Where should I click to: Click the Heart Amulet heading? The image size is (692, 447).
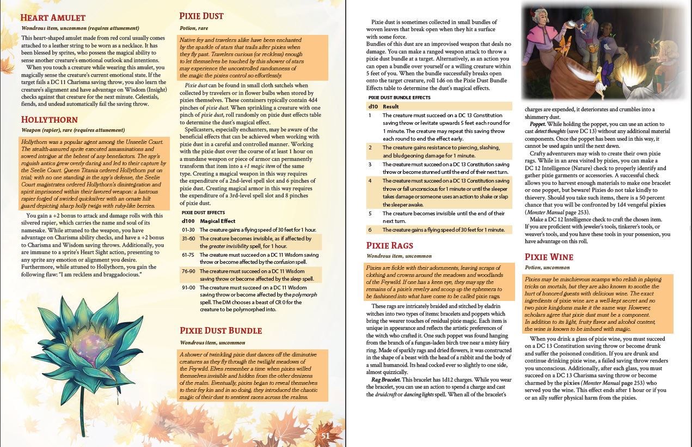53,18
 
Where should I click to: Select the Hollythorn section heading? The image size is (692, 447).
49,119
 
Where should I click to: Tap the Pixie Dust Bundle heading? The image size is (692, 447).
221,330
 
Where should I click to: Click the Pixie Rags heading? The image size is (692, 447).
389,245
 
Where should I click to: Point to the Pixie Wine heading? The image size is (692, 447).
549,257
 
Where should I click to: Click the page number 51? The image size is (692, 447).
325,436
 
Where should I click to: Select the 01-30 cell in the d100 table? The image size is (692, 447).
188,230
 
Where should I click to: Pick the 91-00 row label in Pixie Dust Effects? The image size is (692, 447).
188,287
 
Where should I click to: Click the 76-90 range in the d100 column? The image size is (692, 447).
188,271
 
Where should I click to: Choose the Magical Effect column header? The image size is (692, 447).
218,221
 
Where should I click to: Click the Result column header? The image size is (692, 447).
390,106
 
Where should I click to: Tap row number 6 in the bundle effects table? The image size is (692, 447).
370,230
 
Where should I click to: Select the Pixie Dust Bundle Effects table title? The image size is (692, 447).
399,98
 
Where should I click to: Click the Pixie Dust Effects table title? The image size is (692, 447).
203,213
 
